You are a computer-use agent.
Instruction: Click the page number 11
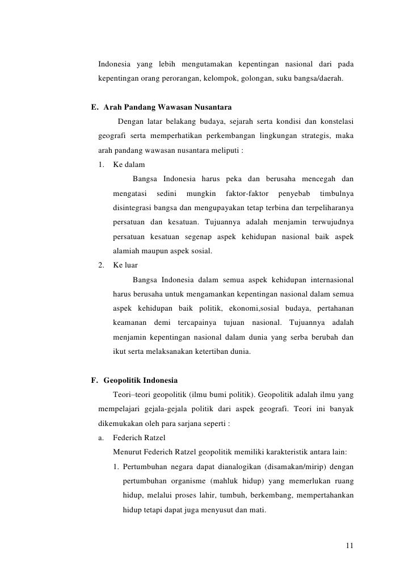click(349, 546)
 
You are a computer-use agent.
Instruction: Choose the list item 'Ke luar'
click(125, 265)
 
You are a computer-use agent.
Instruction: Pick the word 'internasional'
click(327, 279)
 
